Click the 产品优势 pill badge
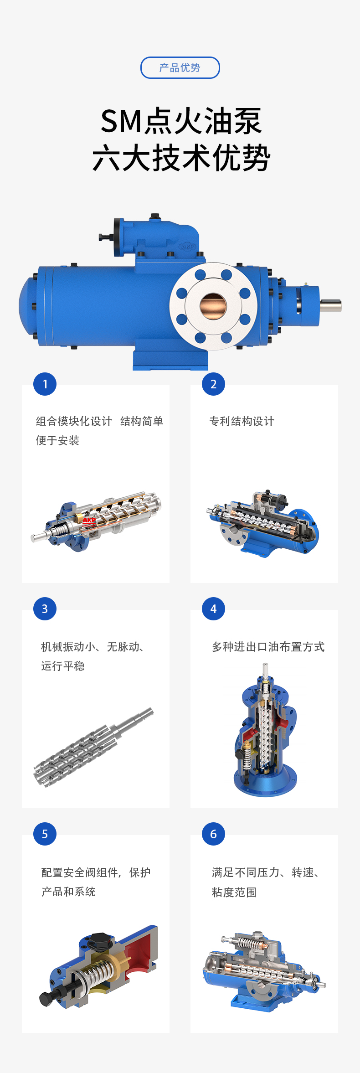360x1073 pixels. click(180, 67)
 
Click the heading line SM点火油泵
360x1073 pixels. click(181, 121)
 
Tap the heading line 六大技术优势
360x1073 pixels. click(181, 158)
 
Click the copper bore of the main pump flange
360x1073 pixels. click(213, 306)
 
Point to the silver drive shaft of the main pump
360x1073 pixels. click(330, 305)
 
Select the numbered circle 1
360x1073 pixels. click(45, 384)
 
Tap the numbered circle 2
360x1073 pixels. click(213, 384)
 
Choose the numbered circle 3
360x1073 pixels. click(45, 609)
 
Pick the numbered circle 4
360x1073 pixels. click(213, 609)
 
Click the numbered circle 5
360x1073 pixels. click(45, 834)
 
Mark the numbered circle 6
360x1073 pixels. click(213, 834)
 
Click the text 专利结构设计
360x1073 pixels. click(242, 421)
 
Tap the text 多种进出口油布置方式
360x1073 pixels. click(268, 647)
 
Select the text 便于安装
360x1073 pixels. click(57, 440)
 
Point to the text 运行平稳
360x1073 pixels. click(63, 666)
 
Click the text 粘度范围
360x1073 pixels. click(234, 892)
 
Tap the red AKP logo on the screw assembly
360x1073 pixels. click(89, 520)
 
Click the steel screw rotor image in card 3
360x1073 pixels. click(93, 747)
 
